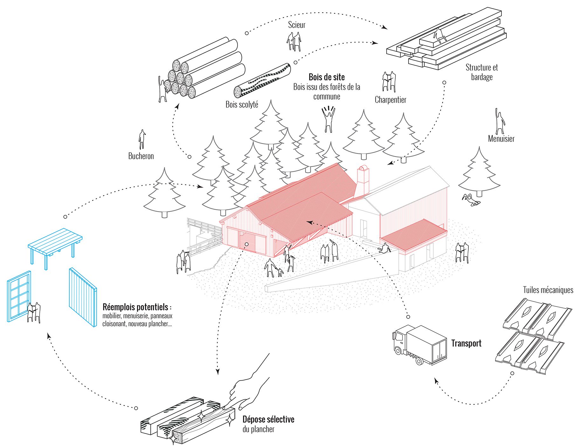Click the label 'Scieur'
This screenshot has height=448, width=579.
[x=296, y=25]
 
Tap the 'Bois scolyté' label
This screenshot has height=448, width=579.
[x=242, y=104]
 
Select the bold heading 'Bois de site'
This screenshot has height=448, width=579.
[x=327, y=77]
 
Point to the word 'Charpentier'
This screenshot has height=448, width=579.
[x=390, y=100]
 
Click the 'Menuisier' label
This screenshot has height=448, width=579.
[x=501, y=139]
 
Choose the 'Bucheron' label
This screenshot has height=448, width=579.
[x=141, y=156]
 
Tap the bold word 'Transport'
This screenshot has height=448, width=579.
[x=466, y=343]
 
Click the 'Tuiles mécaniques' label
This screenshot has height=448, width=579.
[x=548, y=290]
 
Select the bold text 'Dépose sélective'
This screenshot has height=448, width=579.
[x=268, y=419]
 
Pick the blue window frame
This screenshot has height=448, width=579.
[x=18, y=297]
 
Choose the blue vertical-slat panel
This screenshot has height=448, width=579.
[x=83, y=297]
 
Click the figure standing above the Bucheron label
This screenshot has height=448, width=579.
[x=142, y=139]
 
